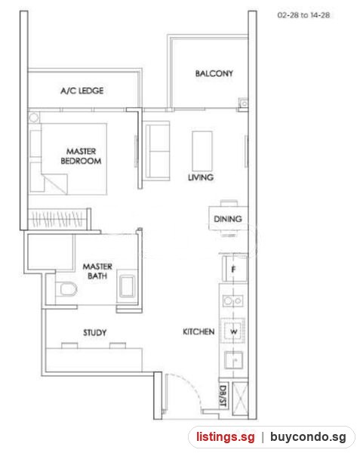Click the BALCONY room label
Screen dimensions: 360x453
214,73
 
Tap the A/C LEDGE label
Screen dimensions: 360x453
82,91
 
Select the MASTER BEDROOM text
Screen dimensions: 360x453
81,156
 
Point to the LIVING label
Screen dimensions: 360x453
201,177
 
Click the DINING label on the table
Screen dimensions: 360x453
228,219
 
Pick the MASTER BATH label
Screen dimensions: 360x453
97,271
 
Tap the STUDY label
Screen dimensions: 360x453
94,332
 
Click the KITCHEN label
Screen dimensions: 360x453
198,331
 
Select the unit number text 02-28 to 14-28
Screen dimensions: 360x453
303,15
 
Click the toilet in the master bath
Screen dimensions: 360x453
66,289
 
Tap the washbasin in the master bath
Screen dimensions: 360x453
127,286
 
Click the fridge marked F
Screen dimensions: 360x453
235,269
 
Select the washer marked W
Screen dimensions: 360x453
233,331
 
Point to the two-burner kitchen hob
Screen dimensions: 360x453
233,300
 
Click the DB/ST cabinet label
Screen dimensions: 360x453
223,396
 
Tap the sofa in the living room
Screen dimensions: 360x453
157,151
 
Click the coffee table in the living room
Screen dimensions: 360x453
202,151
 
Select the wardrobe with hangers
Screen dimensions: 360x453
59,219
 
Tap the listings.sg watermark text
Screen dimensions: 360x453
226,436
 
